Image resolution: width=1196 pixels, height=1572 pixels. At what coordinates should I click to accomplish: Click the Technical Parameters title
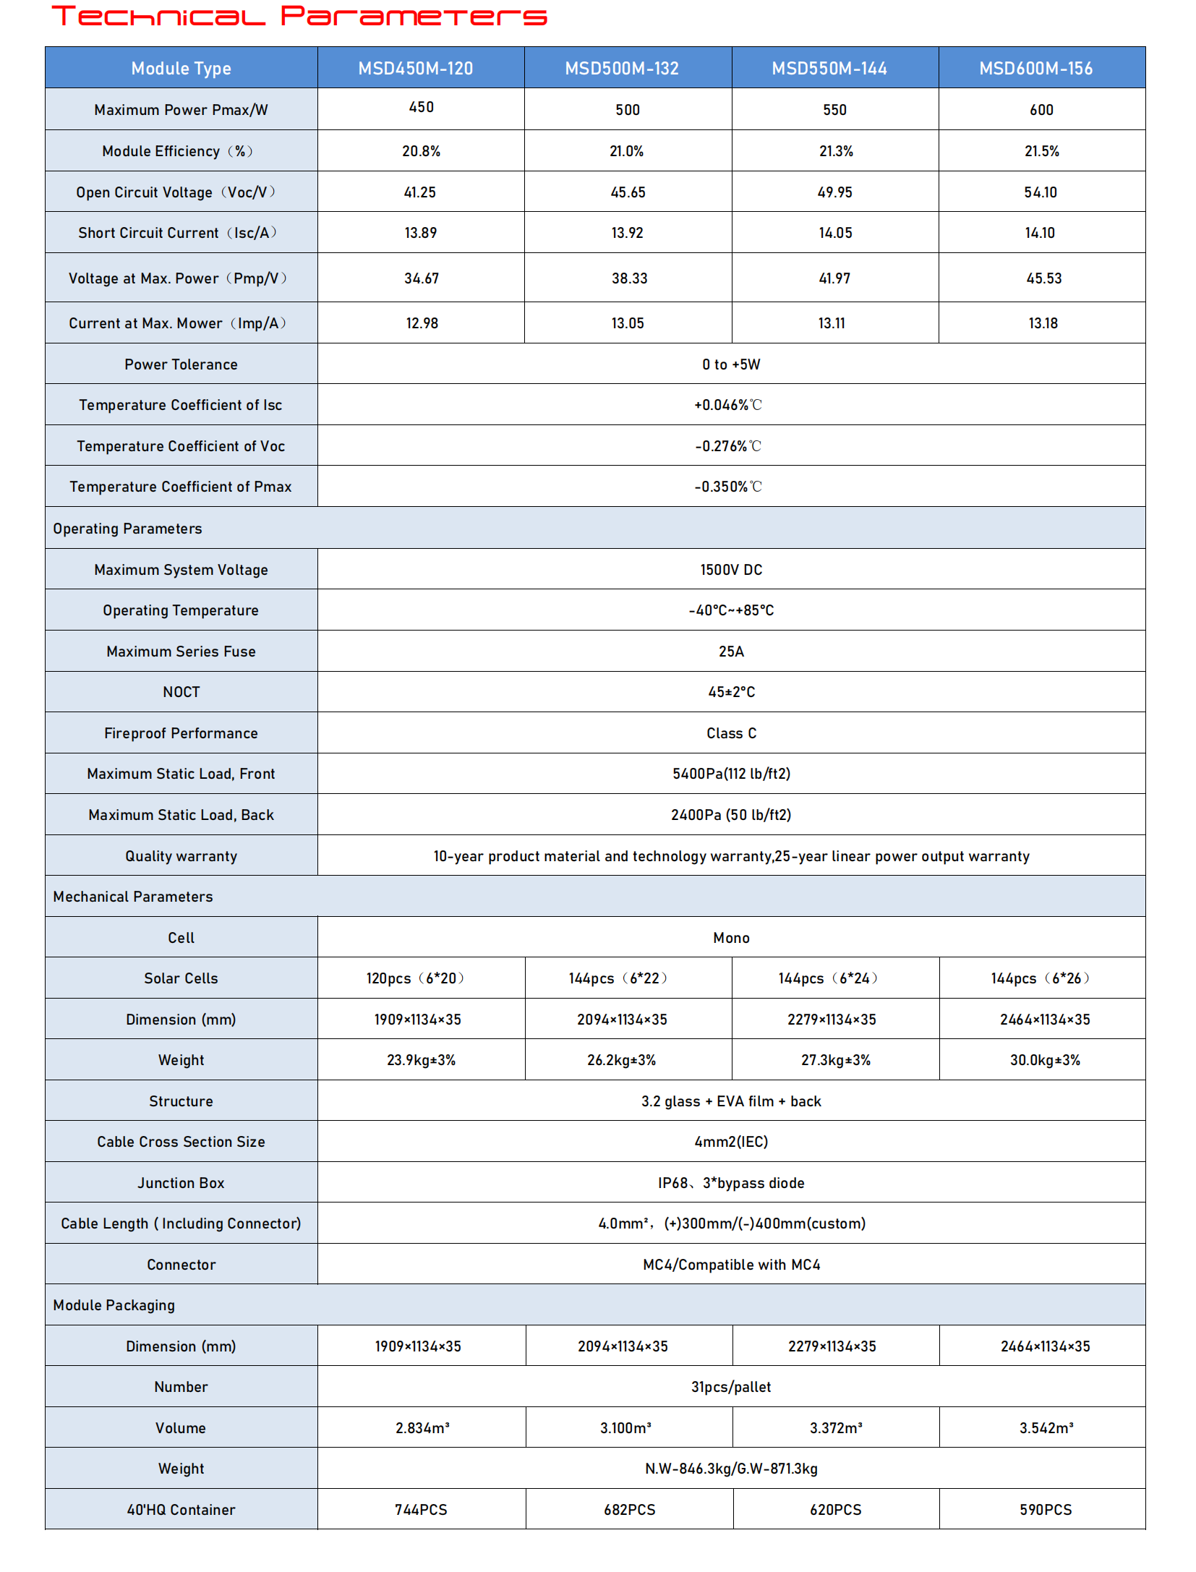(299, 16)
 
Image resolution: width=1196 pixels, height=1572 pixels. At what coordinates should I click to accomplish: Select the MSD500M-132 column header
(622, 69)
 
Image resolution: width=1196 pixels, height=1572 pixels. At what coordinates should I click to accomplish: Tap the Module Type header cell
(181, 69)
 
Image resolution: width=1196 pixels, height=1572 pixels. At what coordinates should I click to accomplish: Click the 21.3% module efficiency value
(836, 151)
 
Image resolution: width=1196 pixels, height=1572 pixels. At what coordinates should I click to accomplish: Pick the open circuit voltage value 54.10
(1041, 192)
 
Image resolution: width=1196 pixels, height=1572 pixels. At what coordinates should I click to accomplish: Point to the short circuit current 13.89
(421, 233)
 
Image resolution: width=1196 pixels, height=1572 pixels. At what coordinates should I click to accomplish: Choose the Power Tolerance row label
(181, 364)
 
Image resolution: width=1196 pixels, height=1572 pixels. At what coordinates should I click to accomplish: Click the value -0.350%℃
(728, 487)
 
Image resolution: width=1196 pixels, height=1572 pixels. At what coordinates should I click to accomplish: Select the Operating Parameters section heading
(127, 529)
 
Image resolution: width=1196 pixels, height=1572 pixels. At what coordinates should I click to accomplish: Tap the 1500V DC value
(731, 570)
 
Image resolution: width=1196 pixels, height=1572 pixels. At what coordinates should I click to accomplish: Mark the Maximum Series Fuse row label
(181, 652)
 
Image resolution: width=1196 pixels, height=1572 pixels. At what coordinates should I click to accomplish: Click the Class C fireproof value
(731, 733)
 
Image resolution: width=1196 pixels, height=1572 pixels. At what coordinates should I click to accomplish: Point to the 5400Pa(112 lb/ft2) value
(731, 774)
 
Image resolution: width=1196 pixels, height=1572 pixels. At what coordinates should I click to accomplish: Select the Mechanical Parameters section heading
(133, 897)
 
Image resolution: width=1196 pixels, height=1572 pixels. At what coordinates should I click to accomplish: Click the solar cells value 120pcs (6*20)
(415, 978)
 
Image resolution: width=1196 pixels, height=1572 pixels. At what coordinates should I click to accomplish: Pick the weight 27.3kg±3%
(836, 1060)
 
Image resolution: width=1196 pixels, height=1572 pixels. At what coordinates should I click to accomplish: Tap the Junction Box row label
(181, 1183)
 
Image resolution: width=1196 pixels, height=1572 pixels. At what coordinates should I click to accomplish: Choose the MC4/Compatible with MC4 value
(731, 1265)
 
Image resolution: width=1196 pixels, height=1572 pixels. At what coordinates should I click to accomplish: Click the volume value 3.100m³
(625, 1428)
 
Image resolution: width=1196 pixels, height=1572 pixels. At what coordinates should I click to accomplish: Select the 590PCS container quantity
(1046, 1510)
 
